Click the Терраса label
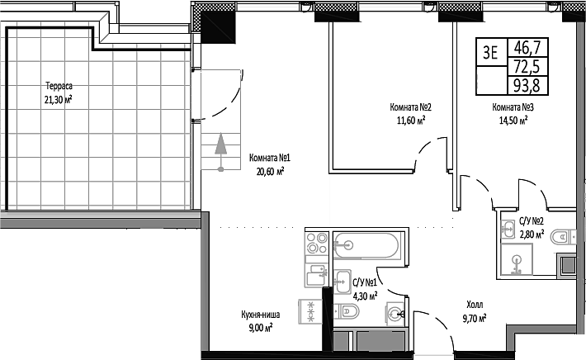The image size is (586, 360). (x=58, y=86)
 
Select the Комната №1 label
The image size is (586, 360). (x=267, y=159)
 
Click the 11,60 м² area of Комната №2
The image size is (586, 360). (x=410, y=120)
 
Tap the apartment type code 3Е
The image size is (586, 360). (x=490, y=55)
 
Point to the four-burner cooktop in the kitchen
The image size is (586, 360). (x=316, y=243)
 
